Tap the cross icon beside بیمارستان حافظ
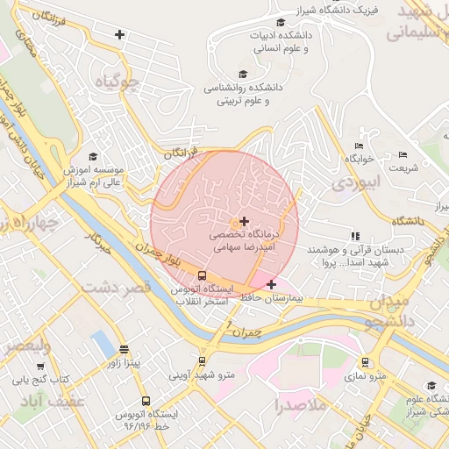click(x=271, y=284)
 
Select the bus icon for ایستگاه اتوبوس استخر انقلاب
click(x=203, y=275)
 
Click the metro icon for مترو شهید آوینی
click(x=203, y=360)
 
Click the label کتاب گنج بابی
click(x=39, y=380)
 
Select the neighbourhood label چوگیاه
click(x=118, y=82)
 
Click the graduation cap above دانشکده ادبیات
click(x=280, y=23)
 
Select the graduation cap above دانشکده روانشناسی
click(x=243, y=75)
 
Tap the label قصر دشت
click(x=117, y=287)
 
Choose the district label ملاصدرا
click(x=300, y=406)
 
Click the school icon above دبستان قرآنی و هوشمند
click(x=354, y=236)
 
